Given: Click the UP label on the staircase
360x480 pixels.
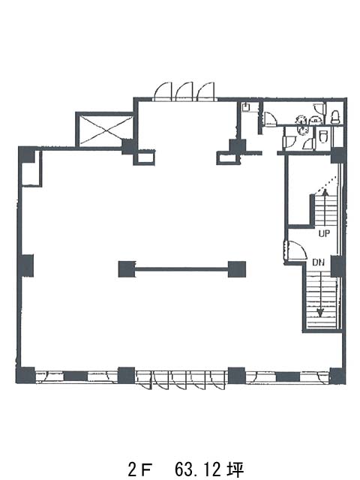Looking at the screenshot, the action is [324, 233].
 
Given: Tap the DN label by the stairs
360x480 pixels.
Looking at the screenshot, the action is [318, 262].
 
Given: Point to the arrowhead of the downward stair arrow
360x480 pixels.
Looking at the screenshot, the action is [320, 313].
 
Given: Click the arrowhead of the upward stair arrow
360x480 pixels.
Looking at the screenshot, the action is [325, 192].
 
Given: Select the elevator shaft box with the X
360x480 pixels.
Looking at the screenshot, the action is [105, 130].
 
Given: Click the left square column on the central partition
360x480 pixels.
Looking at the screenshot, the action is [127, 269].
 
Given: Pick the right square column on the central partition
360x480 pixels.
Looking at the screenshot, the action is [237, 269].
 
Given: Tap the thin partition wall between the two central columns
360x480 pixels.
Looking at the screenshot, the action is [181, 269].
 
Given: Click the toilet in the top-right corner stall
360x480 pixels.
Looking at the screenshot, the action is [335, 117].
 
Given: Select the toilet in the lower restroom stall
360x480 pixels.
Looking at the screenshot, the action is [323, 136].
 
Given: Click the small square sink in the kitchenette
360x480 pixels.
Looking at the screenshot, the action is [246, 107].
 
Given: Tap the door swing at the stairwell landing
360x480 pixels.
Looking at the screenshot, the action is [298, 250].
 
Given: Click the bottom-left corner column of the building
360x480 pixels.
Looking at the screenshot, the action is [25, 375].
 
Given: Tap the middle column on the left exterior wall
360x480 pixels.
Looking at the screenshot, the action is [25, 265].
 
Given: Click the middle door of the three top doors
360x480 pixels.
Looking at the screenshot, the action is [184, 91].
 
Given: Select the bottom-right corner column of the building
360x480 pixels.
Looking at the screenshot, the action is [337, 376].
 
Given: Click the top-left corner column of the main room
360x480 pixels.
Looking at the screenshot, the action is [27, 154].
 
